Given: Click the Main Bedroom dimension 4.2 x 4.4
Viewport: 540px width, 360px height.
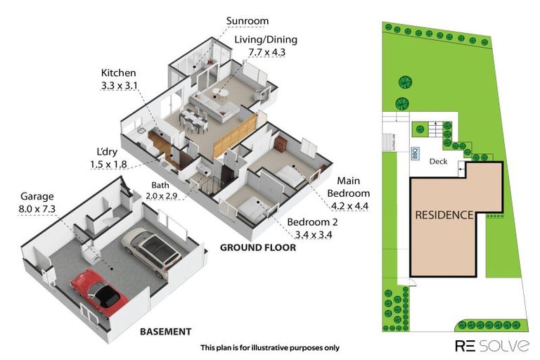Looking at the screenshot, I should (349, 205).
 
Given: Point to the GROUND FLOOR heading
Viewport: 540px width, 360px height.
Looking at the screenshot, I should (257, 247).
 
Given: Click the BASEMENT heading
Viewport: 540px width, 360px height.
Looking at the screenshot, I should (165, 330).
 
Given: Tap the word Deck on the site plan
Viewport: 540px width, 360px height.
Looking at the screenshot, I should (438, 161).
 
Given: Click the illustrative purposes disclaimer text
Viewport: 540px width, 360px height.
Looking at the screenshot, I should (269, 347).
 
